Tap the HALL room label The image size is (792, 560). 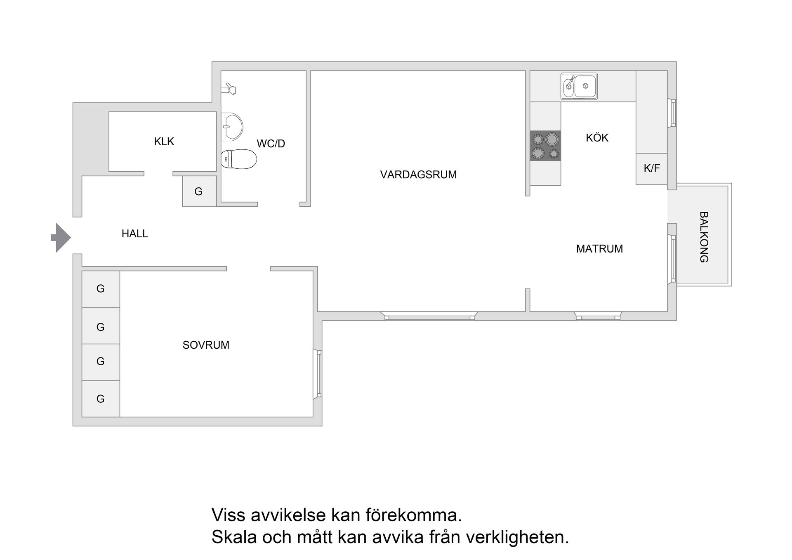pyautogui.click(x=134, y=234)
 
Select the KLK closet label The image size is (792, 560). pyautogui.click(x=164, y=142)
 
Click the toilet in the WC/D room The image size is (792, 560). pyautogui.click(x=239, y=159)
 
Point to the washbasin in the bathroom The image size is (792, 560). pyautogui.click(x=231, y=126)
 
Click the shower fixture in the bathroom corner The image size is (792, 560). pyautogui.click(x=229, y=89)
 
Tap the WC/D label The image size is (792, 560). pyautogui.click(x=271, y=144)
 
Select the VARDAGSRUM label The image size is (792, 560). pyautogui.click(x=418, y=175)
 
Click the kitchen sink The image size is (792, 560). pyautogui.click(x=579, y=86)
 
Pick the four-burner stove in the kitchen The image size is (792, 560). pyautogui.click(x=545, y=146)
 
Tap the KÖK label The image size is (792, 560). pyautogui.click(x=597, y=138)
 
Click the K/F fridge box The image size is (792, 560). pyautogui.click(x=651, y=168)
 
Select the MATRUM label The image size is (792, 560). pyautogui.click(x=599, y=249)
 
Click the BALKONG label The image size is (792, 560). pyautogui.click(x=704, y=237)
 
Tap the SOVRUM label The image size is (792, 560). pyautogui.click(x=205, y=345)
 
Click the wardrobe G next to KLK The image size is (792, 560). pyautogui.click(x=199, y=191)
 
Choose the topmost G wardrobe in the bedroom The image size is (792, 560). pyautogui.click(x=101, y=289)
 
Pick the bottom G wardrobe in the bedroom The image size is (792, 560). pyautogui.click(x=101, y=399)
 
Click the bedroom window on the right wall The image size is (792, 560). pyautogui.click(x=318, y=374)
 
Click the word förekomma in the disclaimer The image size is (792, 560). pyautogui.click(x=413, y=515)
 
